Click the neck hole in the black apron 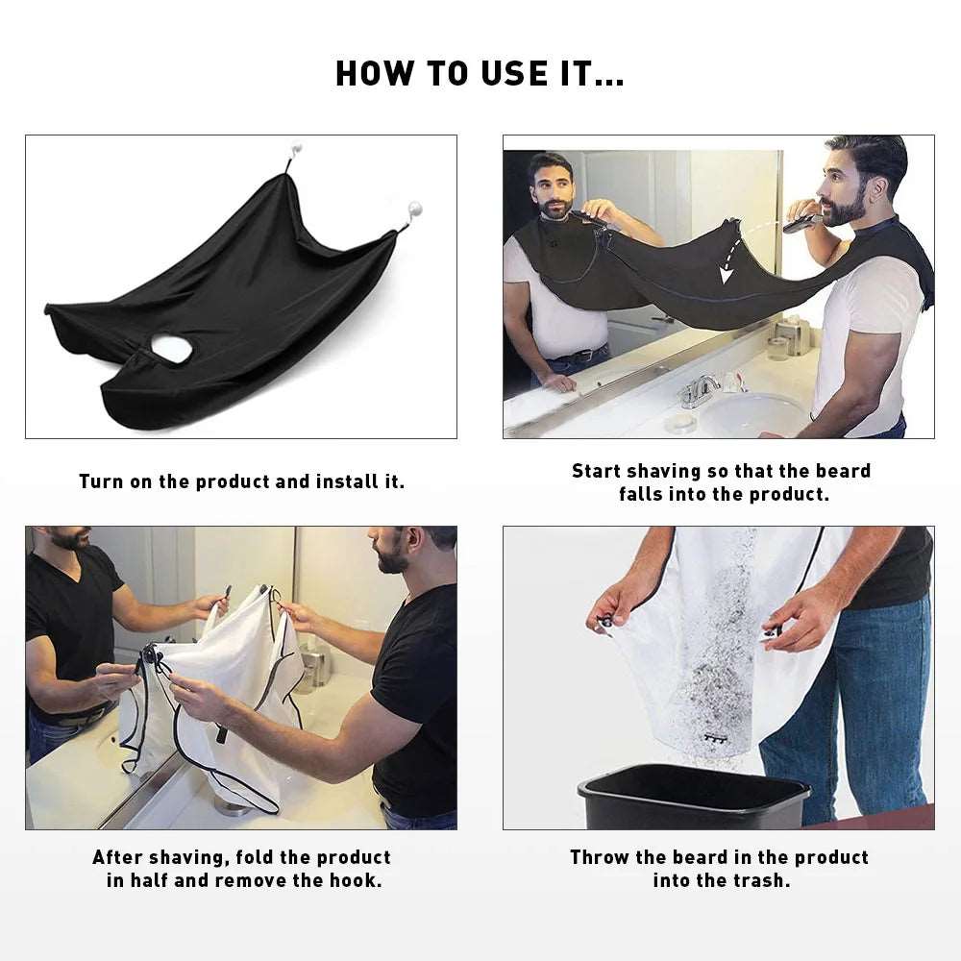coord(170,350)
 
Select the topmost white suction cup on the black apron coord(296,151)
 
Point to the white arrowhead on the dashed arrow coord(727,275)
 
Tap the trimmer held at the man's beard coord(801,224)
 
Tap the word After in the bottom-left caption coord(119,857)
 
